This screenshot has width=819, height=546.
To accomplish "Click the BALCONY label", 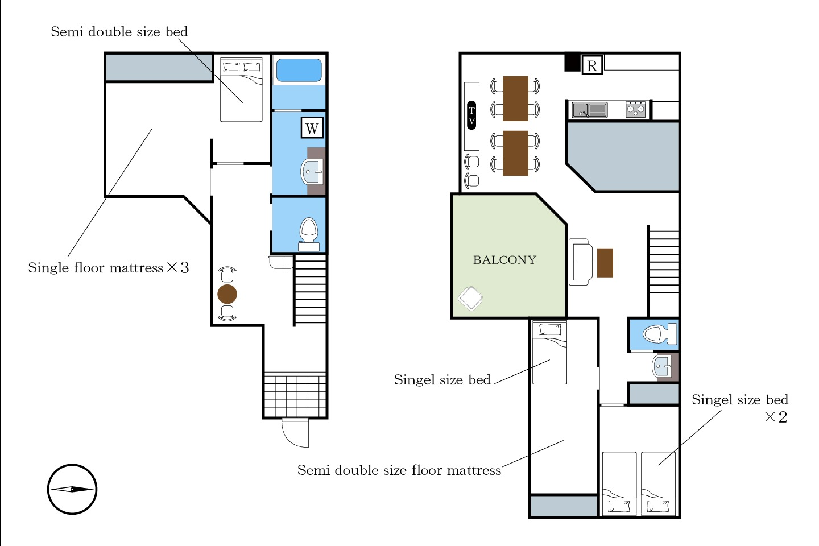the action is point(504,260).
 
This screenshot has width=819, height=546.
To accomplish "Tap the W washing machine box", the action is point(312,128).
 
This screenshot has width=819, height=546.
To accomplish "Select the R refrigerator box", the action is point(592,65).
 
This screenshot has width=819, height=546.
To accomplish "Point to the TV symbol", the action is point(471,115).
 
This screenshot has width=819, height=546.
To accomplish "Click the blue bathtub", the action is point(299,70).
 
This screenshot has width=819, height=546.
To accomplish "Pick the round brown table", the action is point(227,294).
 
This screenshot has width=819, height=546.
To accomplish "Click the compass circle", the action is point(72,489).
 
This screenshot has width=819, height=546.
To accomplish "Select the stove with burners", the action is point(635,109).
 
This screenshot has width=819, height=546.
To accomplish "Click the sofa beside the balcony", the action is point(581,262).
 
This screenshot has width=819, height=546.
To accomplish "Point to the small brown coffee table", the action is point(605,263).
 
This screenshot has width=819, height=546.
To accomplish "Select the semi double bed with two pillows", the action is point(241,90).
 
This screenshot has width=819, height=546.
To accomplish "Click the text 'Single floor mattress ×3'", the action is point(109,268).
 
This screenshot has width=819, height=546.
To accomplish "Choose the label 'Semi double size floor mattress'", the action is point(399,470).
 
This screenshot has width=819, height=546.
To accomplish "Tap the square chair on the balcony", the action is point(470,299).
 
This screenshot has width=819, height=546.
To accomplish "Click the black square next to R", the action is point(572,62).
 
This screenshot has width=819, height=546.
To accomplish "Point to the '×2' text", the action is point(776,417).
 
